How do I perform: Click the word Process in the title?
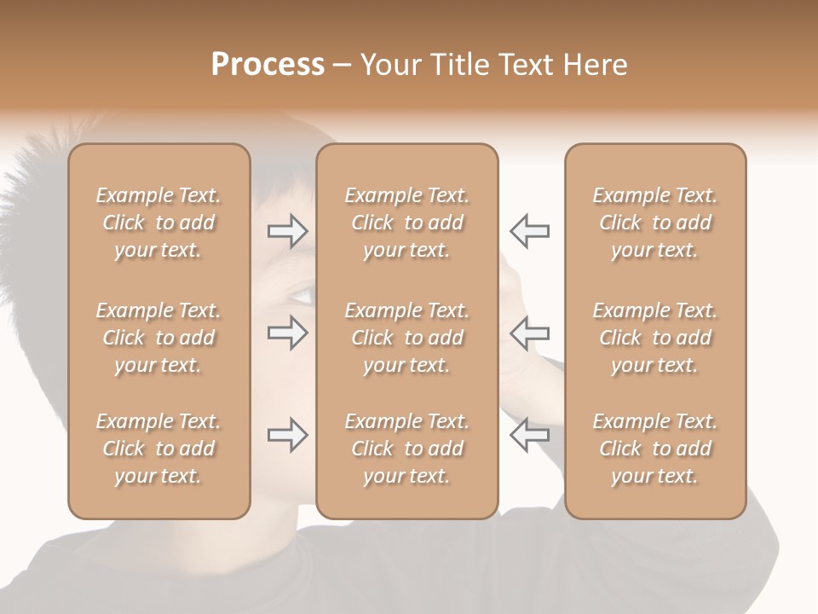(x=268, y=65)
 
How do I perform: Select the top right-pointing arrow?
(x=288, y=230)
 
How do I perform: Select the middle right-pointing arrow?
(x=288, y=333)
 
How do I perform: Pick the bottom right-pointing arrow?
(x=288, y=435)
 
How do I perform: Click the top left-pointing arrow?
(x=529, y=230)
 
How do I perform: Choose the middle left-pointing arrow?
(x=529, y=333)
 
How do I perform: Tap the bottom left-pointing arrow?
(x=529, y=435)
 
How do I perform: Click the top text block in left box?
(x=158, y=223)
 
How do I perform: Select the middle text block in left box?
(x=158, y=338)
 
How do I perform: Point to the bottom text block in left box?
(x=158, y=449)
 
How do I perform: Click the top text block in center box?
(x=407, y=223)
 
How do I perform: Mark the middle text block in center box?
(x=407, y=338)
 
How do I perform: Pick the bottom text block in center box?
(x=407, y=449)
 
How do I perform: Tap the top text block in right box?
(x=655, y=223)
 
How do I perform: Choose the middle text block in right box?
(x=655, y=338)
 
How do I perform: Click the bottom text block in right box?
(x=655, y=449)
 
